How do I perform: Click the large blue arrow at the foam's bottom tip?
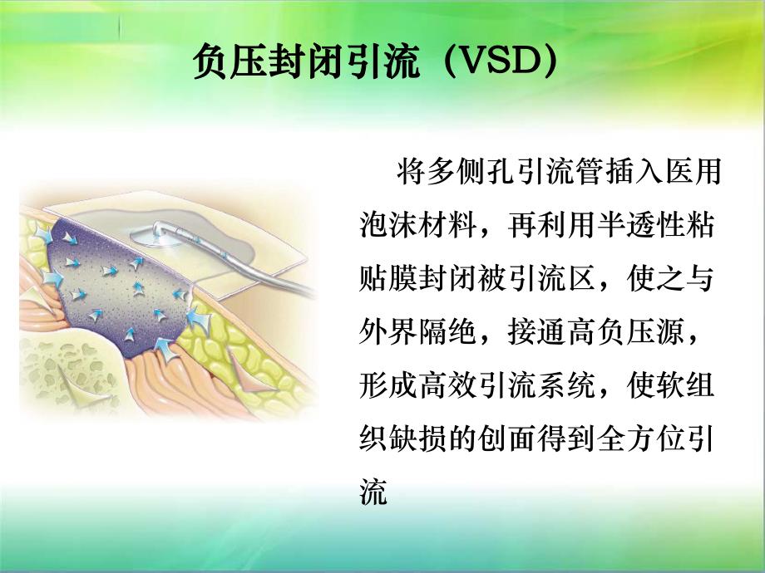pyautogui.click(x=167, y=354)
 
